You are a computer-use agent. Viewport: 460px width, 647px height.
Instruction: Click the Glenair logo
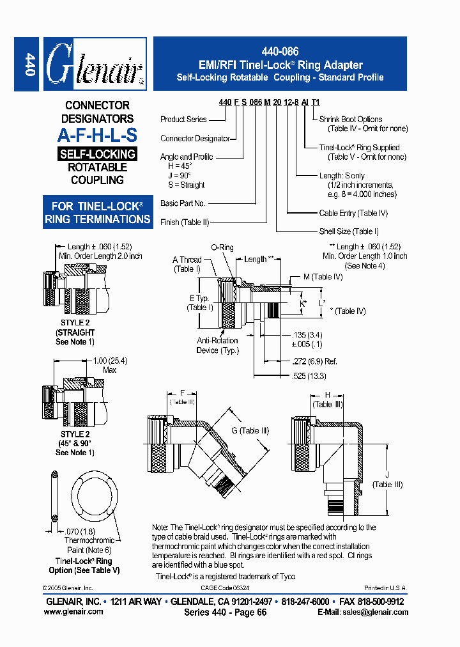click(x=95, y=64)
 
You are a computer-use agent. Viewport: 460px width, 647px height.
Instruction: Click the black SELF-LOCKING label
click(x=97, y=154)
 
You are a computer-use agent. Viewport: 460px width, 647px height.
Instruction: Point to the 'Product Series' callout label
click(x=183, y=119)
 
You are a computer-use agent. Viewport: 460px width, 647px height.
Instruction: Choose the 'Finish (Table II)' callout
click(x=185, y=222)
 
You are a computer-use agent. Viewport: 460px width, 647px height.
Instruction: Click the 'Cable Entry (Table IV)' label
click(x=353, y=213)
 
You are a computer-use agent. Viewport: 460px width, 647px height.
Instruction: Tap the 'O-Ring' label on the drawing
click(x=222, y=247)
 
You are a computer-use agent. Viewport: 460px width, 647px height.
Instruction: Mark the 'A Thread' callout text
click(x=187, y=260)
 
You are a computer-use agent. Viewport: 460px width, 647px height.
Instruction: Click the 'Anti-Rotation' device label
click(x=217, y=341)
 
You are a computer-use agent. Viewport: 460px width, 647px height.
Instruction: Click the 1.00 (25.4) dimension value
click(x=110, y=361)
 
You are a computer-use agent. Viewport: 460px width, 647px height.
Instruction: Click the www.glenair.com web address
click(x=73, y=612)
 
